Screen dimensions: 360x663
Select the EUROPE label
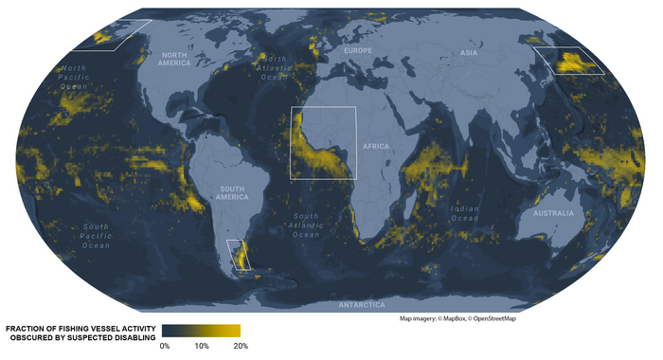pos(358,49)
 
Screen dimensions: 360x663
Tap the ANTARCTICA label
pos(362,305)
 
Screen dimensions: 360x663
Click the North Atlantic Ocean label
pos(274,67)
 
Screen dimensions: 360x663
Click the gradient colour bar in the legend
pos(201,331)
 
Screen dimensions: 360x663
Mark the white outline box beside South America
pos(240,255)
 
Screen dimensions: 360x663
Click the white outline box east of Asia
pos(569,61)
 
